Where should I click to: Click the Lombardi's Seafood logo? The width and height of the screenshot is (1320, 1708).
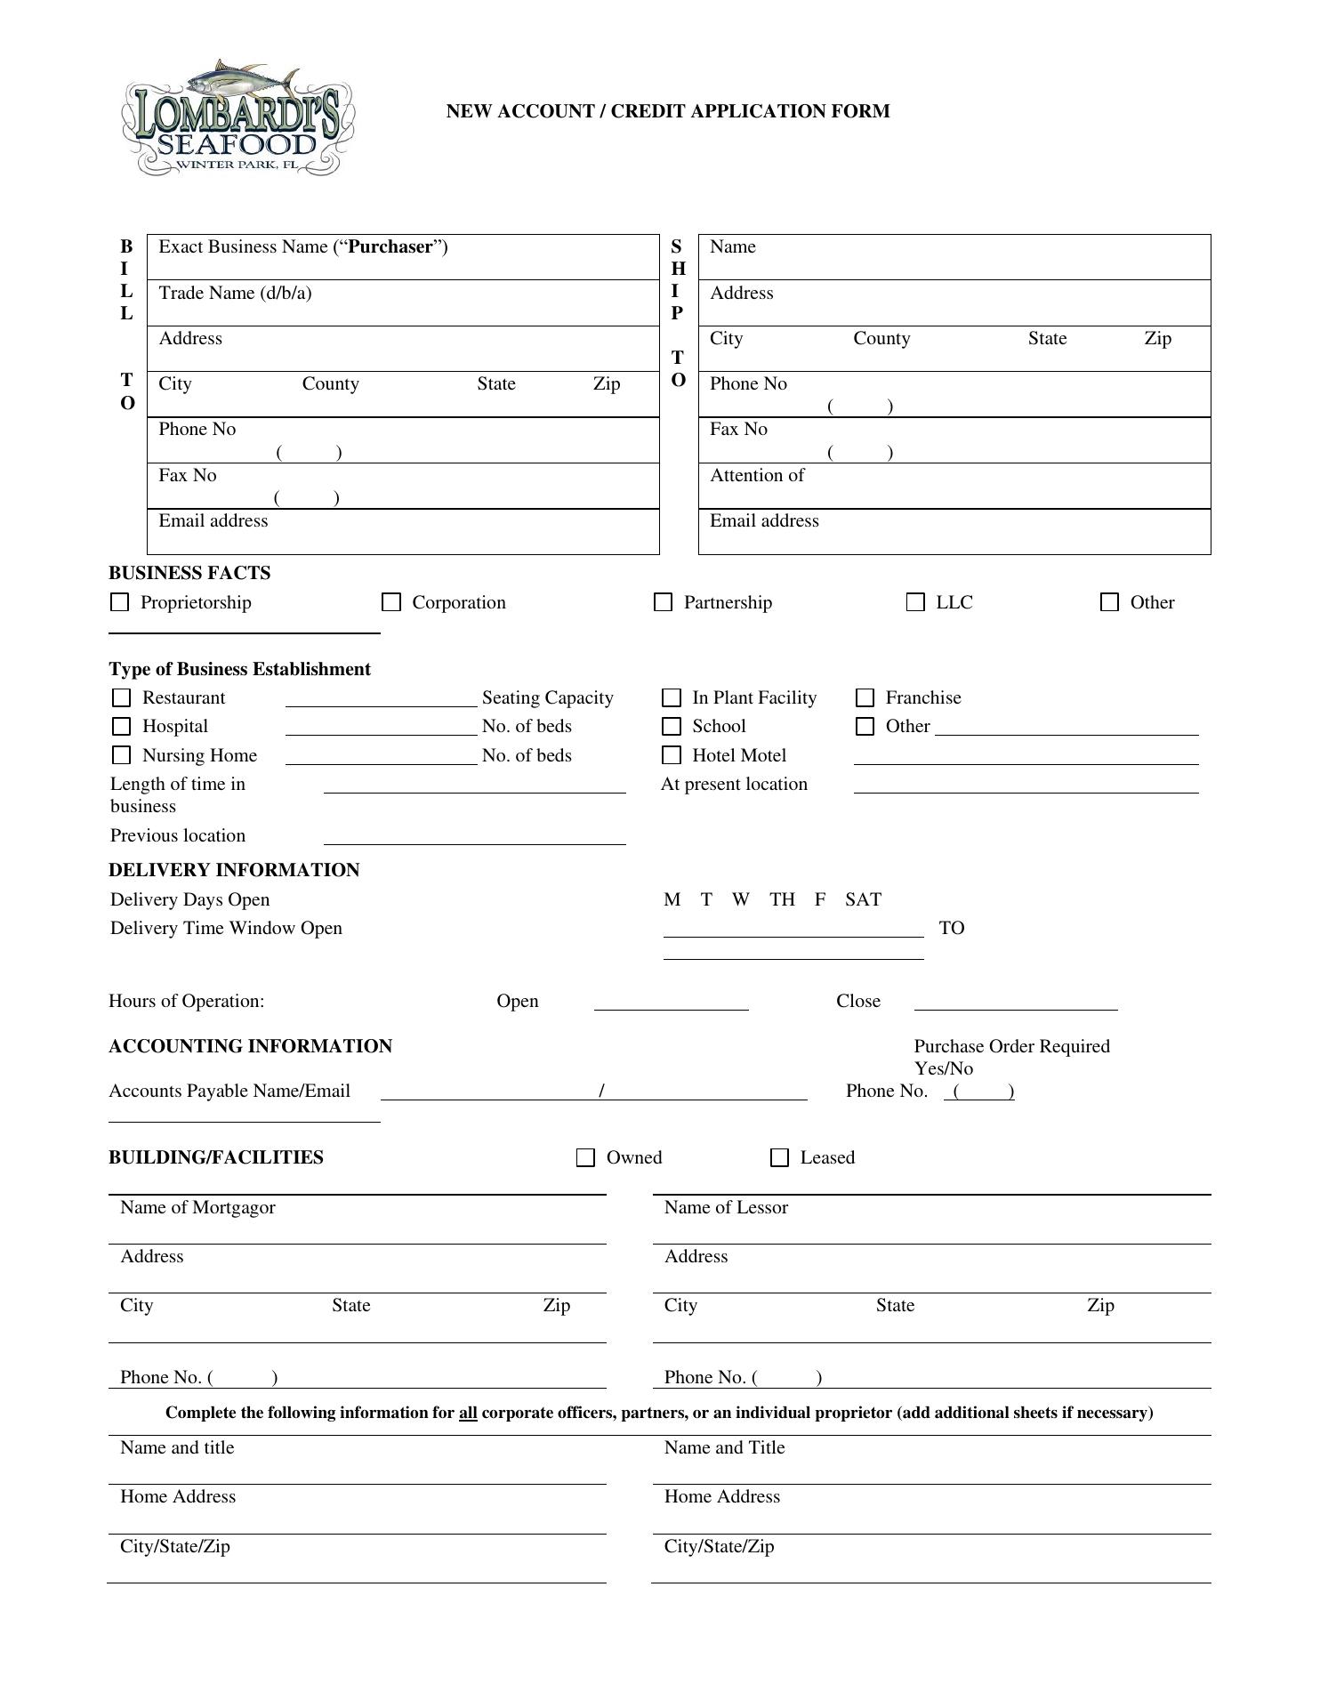point(237,118)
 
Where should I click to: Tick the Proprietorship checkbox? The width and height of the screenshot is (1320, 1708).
point(119,602)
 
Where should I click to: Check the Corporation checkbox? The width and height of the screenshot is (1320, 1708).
point(391,602)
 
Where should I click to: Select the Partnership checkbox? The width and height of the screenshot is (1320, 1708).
point(663,602)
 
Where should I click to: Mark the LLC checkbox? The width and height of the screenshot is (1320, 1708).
point(915,602)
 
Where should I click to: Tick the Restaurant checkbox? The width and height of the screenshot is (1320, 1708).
point(121,697)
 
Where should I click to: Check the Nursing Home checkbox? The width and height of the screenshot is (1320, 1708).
point(121,755)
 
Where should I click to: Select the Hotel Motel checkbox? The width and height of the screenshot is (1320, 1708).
point(672,755)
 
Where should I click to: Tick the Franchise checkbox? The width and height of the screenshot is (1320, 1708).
point(865,697)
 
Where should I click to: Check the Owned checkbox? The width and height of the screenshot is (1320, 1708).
point(585,1157)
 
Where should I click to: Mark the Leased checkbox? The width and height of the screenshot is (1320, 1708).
point(779,1157)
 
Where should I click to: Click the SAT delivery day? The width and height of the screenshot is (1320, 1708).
point(863,899)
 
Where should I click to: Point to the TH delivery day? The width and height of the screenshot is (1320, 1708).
point(782,899)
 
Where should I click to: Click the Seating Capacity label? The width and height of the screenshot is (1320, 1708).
point(547,697)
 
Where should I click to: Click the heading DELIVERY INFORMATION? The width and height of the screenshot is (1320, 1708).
point(234,870)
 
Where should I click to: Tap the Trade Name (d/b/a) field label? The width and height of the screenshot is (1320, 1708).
point(235,293)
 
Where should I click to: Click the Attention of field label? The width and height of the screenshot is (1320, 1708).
point(756,475)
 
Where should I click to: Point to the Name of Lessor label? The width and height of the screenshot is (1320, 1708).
point(726,1207)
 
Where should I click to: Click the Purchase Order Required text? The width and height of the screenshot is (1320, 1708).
point(1011,1046)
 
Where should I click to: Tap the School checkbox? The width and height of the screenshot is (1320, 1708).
point(672,726)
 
